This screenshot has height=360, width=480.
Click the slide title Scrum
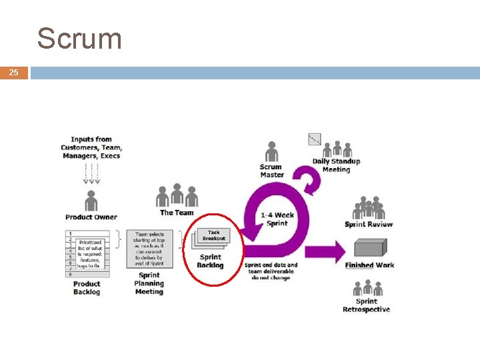pyautogui.click(x=79, y=39)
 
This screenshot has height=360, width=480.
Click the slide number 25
pyautogui.click(x=14, y=72)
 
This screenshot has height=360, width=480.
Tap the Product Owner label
pyautogui.click(x=91, y=217)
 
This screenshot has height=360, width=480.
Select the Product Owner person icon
pyautogui.click(x=91, y=199)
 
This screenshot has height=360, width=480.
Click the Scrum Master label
pyautogui.click(x=271, y=171)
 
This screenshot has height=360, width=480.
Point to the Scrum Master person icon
pyautogui.click(x=271, y=152)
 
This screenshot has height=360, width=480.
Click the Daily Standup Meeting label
pyautogui.click(x=336, y=165)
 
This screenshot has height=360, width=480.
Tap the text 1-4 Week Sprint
pyautogui.click(x=277, y=219)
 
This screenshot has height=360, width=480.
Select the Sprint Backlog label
pyautogui.click(x=210, y=261)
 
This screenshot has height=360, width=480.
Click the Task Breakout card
pyautogui.click(x=213, y=235)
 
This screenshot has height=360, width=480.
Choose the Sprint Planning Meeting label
pyautogui.click(x=149, y=283)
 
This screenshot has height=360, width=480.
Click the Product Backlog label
pyautogui.click(x=87, y=288)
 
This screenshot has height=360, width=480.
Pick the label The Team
pyautogui.click(x=177, y=213)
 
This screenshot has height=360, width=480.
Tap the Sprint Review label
pyautogui.click(x=369, y=225)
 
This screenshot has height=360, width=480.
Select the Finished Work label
pyautogui.click(x=369, y=265)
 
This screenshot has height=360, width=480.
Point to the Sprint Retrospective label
pyautogui.click(x=366, y=305)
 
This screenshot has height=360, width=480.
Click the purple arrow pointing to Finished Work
pyautogui.click(x=327, y=252)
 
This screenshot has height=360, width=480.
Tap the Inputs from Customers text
pyautogui.click(x=91, y=147)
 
